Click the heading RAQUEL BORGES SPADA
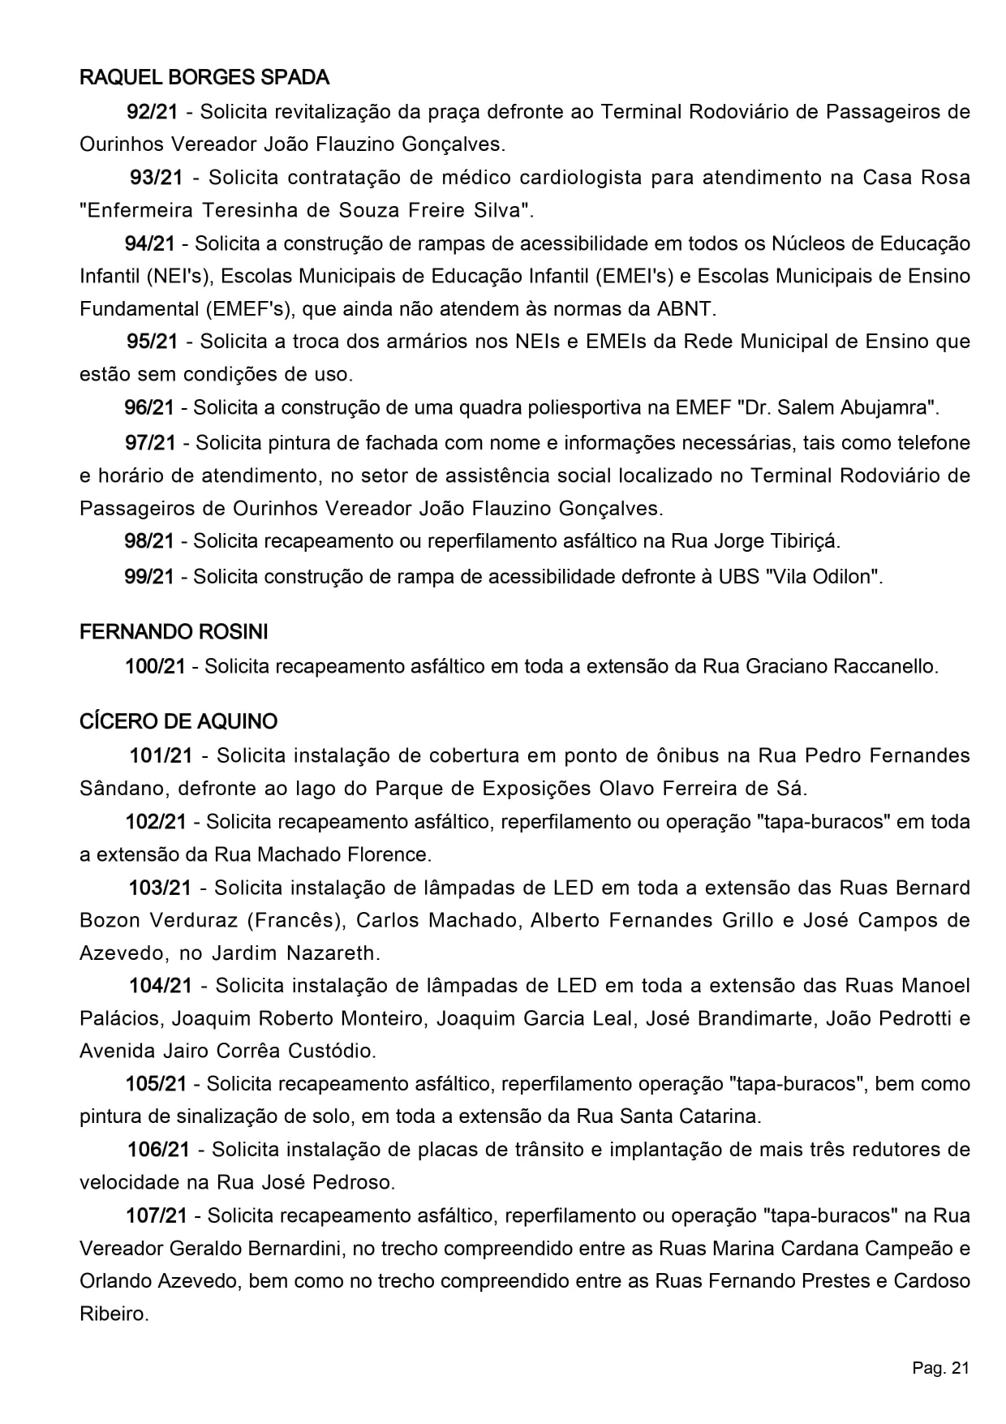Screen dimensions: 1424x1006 point(204,78)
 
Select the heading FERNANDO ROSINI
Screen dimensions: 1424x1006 point(174,631)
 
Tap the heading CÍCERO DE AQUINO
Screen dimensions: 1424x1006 point(178,721)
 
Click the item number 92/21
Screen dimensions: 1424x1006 point(152,112)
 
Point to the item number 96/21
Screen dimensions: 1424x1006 point(149,407)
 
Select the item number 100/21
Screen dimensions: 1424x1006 point(155,667)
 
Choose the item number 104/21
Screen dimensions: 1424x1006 point(161,986)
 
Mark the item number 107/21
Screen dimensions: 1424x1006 point(157,1215)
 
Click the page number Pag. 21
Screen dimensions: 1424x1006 point(940,1369)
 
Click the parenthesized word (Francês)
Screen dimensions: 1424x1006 point(294,920)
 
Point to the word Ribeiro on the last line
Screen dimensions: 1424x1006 point(114,1314)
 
